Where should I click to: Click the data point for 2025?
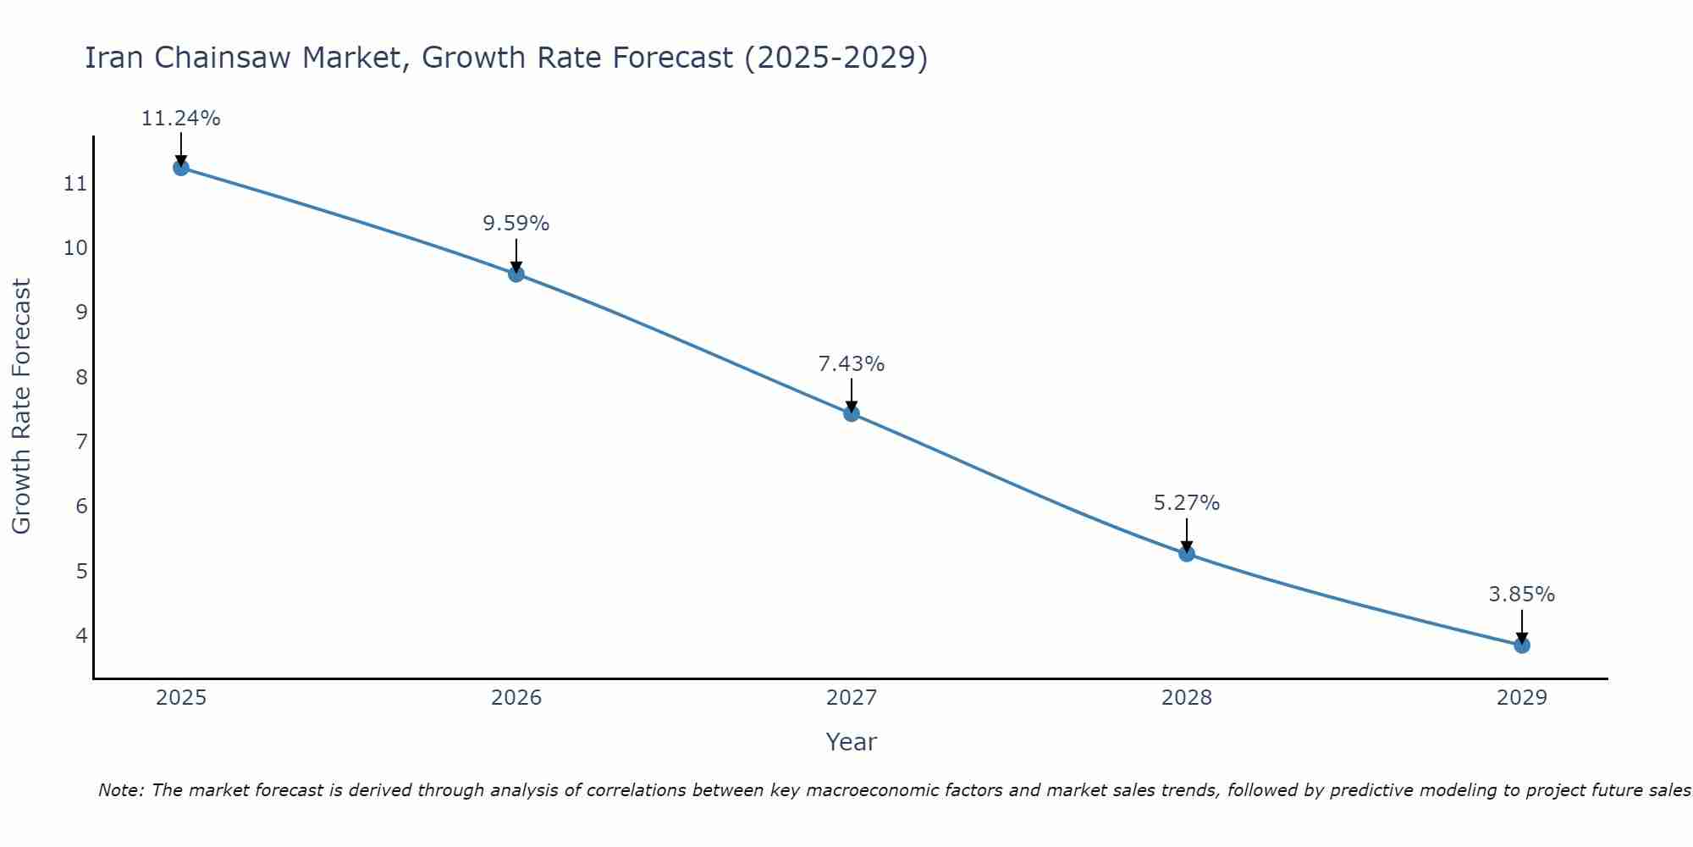[181, 168]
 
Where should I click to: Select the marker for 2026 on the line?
[516, 274]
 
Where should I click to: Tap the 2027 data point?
[852, 413]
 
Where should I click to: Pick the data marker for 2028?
[1187, 554]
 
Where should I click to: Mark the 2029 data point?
[1522, 645]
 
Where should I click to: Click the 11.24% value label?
[180, 119]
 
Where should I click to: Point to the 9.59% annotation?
[516, 224]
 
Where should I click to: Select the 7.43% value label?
[852, 364]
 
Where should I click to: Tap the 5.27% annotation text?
[1187, 503]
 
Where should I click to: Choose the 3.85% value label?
[1522, 595]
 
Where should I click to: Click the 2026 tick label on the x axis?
[516, 698]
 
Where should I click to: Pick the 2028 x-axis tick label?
[1187, 698]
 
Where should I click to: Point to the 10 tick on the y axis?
[75, 248]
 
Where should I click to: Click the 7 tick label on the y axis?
[81, 441]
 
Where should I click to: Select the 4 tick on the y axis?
[81, 635]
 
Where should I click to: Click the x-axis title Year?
[852, 742]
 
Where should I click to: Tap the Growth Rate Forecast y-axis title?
[22, 407]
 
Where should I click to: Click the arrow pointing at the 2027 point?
[852, 395]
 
